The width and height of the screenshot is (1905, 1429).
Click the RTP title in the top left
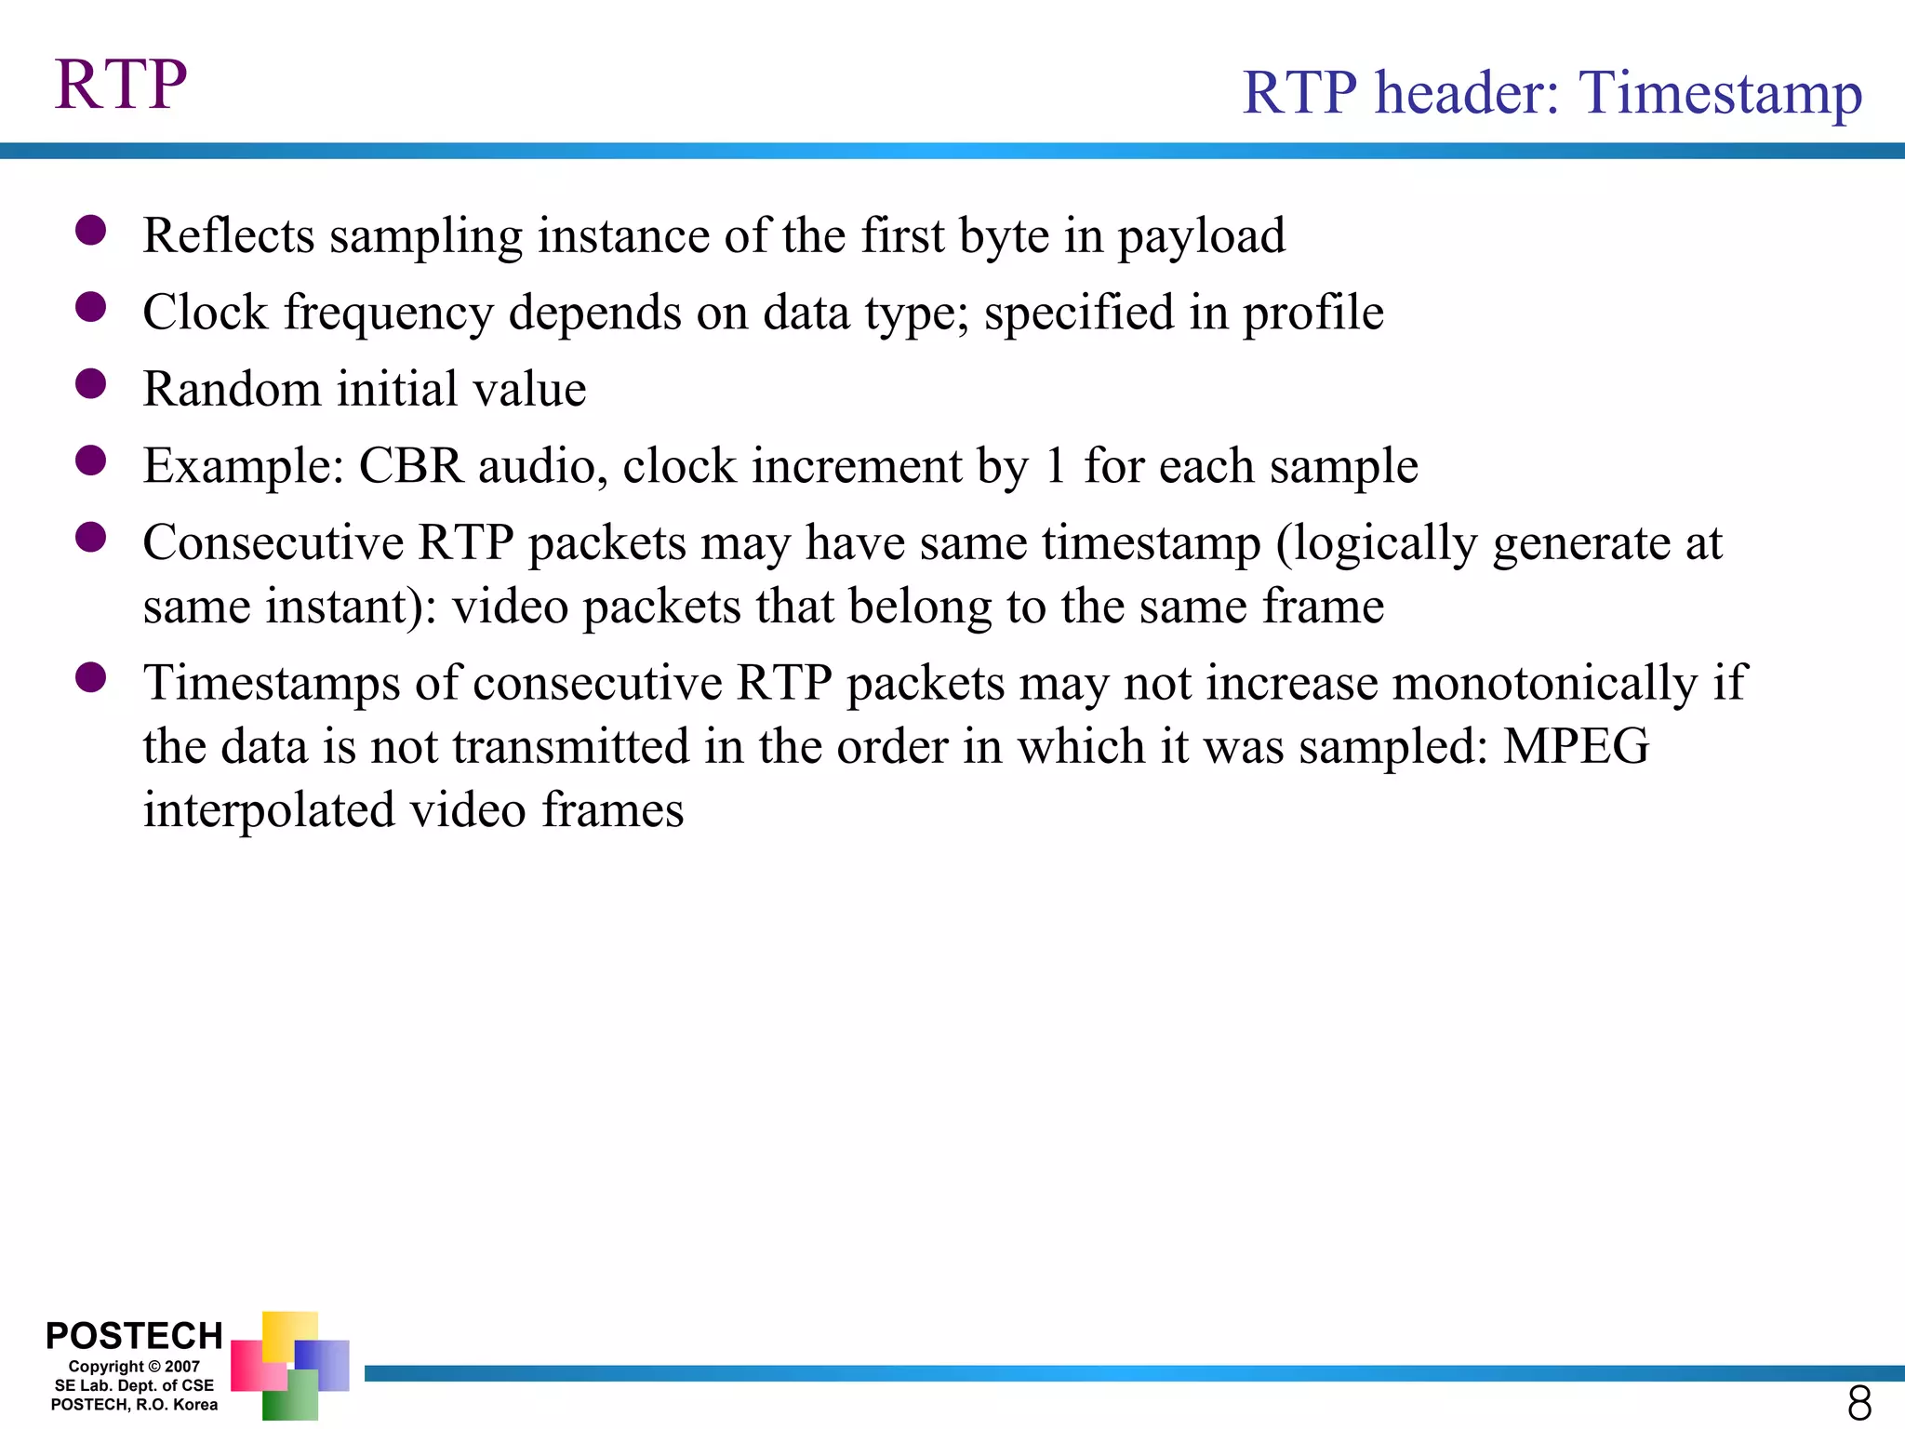(121, 85)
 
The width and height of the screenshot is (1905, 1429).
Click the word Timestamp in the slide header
(1720, 94)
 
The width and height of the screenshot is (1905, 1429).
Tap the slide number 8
(1858, 1402)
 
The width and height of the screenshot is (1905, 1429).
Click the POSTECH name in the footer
(134, 1336)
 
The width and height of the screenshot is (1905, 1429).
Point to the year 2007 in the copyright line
(182, 1367)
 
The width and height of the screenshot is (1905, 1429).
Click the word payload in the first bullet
(1201, 236)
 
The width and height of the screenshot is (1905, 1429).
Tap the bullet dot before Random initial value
(91, 383)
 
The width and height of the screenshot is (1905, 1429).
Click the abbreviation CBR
(410, 466)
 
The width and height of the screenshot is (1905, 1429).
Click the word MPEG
(1576, 747)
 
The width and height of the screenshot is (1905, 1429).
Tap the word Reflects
(229, 235)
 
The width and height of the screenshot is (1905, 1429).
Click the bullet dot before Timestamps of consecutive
(91, 677)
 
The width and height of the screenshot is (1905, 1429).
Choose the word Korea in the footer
(195, 1405)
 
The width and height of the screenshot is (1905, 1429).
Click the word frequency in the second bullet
(389, 313)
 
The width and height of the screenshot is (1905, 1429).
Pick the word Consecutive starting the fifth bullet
(273, 543)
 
